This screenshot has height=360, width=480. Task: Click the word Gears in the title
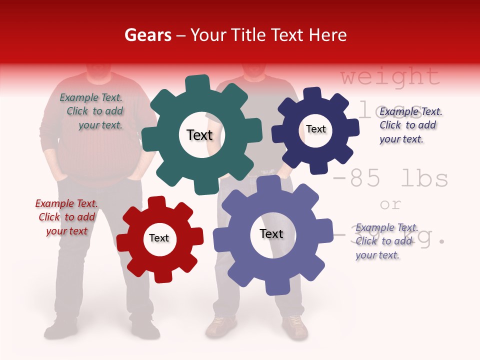[147, 35]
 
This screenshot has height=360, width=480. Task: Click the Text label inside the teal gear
[199, 135]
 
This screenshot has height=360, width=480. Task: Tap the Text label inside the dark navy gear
[315, 129]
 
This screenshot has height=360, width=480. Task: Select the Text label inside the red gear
[159, 238]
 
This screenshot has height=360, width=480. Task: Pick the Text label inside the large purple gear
[271, 233]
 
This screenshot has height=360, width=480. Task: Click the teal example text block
[92, 111]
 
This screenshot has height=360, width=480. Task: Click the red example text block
[66, 217]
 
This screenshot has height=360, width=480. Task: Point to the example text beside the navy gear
[410, 125]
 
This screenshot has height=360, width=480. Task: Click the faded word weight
[390, 77]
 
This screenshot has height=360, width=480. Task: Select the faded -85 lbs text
[390, 178]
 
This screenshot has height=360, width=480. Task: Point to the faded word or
[390, 204]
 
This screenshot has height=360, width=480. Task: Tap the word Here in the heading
[327, 35]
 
